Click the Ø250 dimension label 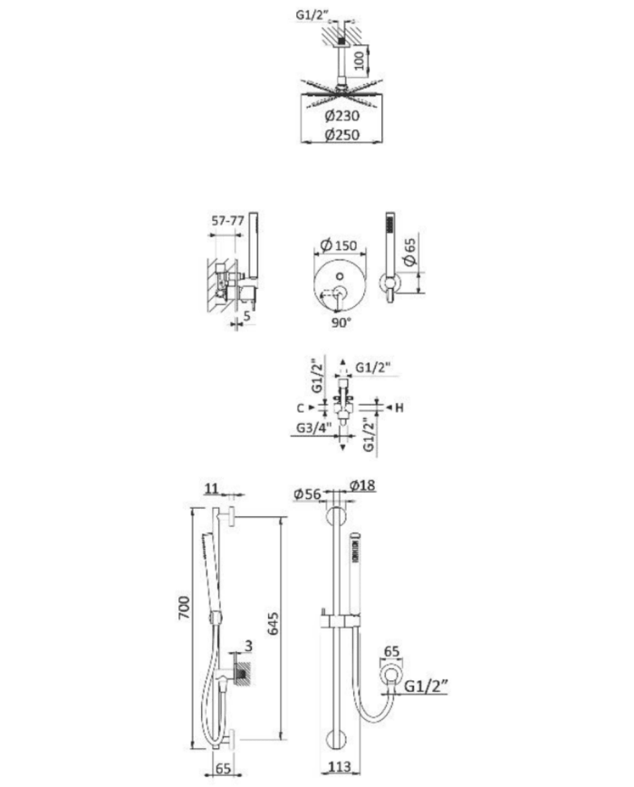coord(341,135)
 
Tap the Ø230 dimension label coord(341,116)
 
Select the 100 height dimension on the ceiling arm coord(360,60)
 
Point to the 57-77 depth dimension coord(227,220)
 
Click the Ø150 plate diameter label coord(339,245)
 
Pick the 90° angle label coord(341,322)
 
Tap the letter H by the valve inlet coord(399,408)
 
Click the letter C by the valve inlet coord(300,408)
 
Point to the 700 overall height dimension coord(184,608)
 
